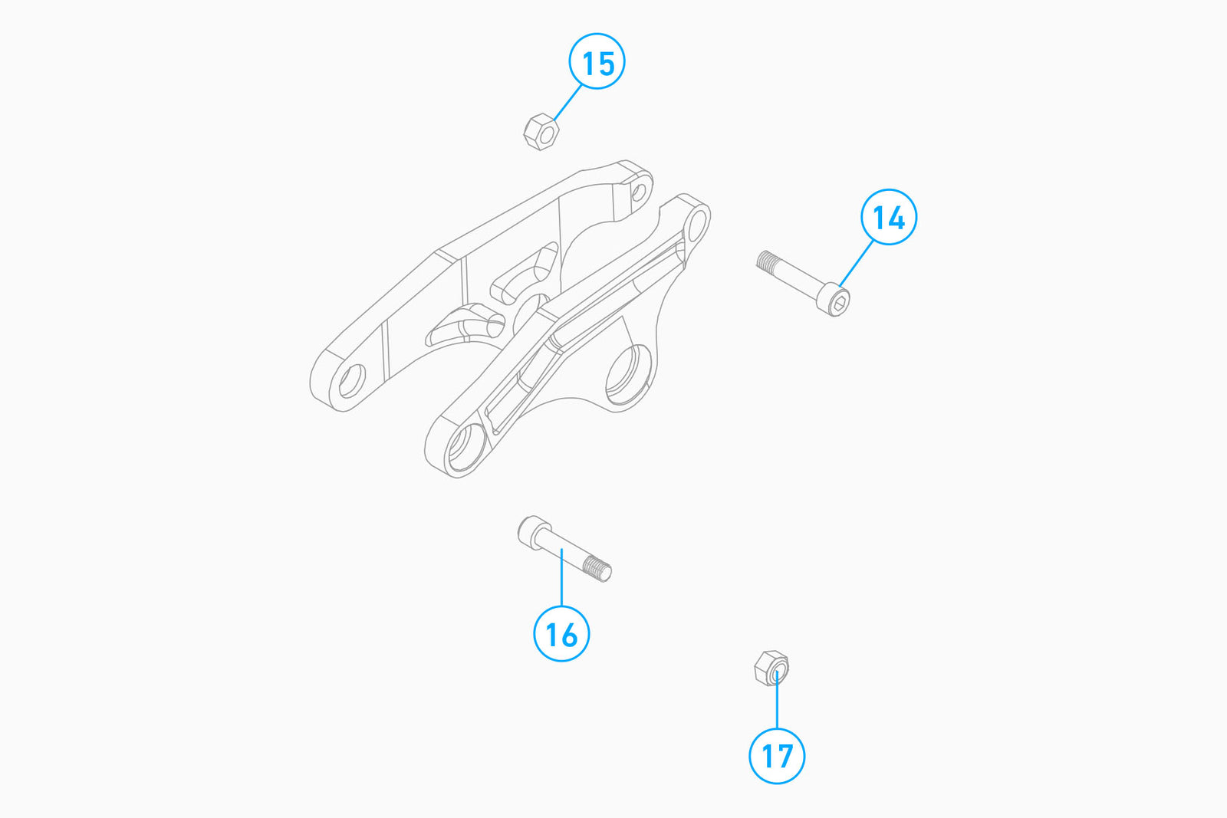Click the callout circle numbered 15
[x=597, y=61]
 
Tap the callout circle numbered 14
[x=889, y=217]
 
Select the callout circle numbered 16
[x=561, y=633]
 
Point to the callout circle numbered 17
[x=777, y=756]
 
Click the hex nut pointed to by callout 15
[x=541, y=132]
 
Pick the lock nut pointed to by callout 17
[x=771, y=668]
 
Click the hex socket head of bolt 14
[x=833, y=300]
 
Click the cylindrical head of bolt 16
[x=534, y=532]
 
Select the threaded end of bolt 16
[x=597, y=568]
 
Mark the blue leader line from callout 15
[x=568, y=103]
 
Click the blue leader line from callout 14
[x=857, y=264]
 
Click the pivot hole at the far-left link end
[x=352, y=380]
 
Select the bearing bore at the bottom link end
[x=466, y=447]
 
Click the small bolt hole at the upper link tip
[x=640, y=192]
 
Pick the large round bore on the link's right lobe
[x=628, y=375]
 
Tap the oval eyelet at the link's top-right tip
[x=696, y=225]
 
